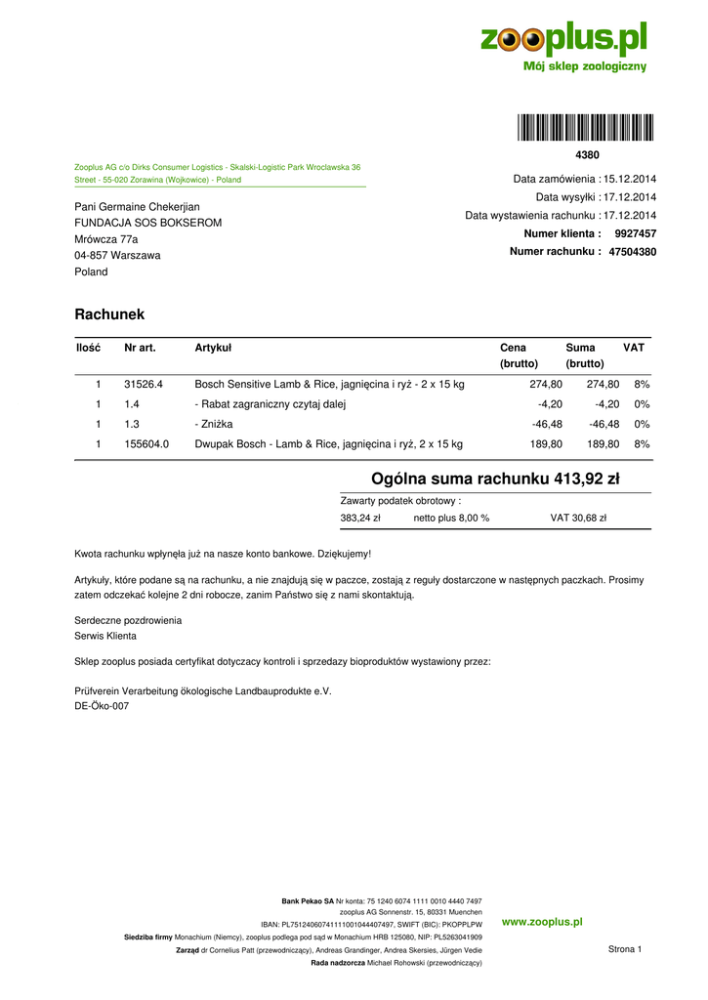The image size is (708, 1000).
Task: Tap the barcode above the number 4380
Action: point(586,128)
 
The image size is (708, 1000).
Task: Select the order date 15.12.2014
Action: point(630,180)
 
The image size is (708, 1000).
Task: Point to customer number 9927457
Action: point(635,234)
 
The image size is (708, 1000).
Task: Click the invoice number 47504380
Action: point(632,252)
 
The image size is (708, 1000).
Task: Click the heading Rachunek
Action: point(109,314)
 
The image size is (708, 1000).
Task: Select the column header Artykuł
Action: point(213,348)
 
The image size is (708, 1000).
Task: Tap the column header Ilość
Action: point(88,348)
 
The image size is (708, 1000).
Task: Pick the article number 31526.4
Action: point(144,385)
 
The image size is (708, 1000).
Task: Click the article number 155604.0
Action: point(146,444)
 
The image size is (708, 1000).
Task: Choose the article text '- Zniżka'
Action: point(214,425)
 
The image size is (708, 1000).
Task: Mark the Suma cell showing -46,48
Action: point(604,425)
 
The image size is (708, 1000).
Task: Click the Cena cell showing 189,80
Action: point(546,444)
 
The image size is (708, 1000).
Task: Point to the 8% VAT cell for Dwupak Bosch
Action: point(642,444)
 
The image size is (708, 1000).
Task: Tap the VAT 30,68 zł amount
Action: point(578,519)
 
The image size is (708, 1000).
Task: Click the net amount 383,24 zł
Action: point(359,519)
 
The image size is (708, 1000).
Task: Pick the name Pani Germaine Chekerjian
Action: point(137,207)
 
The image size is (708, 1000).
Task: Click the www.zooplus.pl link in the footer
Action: point(542,922)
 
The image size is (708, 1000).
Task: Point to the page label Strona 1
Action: point(625,949)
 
